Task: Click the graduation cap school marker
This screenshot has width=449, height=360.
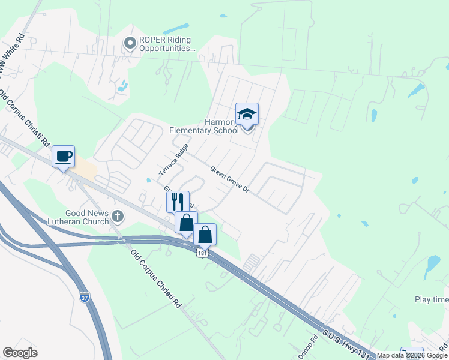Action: pos(247,114)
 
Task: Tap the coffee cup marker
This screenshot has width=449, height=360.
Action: pos(64,157)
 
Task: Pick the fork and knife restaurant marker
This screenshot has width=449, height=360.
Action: pos(178,202)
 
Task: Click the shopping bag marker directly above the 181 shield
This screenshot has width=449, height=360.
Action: pos(205,234)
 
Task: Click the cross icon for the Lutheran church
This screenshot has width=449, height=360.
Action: pos(118,216)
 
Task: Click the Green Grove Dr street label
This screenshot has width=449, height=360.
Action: pos(229,179)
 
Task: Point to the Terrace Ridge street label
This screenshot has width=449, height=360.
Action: pos(174,160)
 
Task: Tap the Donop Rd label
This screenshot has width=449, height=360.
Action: pos(307,347)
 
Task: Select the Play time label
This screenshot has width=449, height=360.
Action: pos(431,299)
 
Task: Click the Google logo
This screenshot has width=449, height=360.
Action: pos(20,353)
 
